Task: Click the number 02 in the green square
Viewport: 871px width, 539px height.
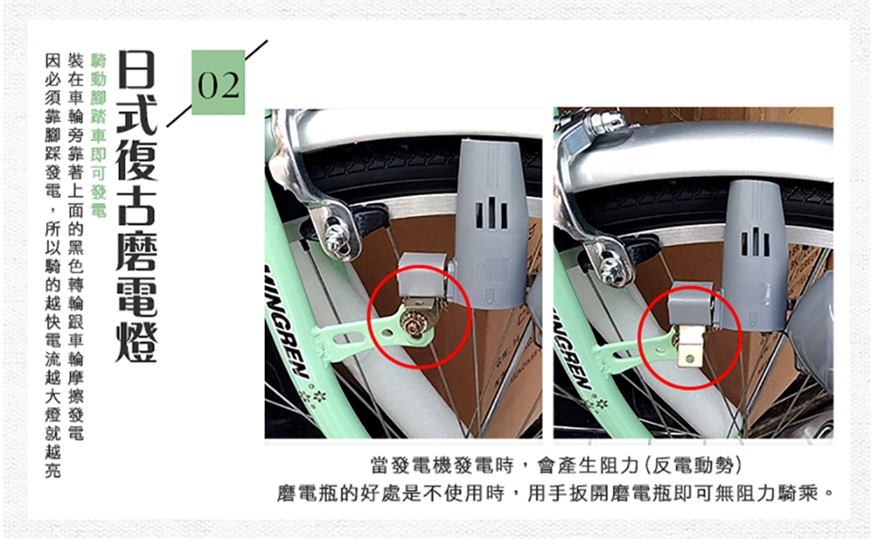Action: click(219, 85)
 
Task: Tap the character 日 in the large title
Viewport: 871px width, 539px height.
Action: click(136, 69)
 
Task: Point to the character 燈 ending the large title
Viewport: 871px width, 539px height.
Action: click(136, 341)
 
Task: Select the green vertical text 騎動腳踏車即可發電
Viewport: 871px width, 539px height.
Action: click(98, 135)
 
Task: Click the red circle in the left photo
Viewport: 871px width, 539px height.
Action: click(420, 318)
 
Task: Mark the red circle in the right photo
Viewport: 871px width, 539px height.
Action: click(690, 338)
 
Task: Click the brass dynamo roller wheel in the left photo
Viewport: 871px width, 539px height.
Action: click(414, 324)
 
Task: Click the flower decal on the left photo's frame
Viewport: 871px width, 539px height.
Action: click(310, 397)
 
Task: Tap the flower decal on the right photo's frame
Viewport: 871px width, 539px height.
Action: click(595, 402)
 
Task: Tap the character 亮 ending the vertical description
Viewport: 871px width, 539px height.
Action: click(53, 471)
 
